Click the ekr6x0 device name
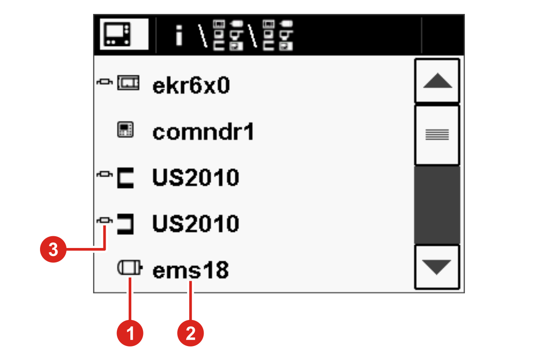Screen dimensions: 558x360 (x=191, y=85)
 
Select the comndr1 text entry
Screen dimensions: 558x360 (x=203, y=132)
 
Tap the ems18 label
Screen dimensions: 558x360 (x=191, y=270)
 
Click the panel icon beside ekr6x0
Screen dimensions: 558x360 (x=128, y=82)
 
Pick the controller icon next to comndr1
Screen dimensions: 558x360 (x=125, y=130)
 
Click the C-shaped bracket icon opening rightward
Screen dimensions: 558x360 (x=125, y=178)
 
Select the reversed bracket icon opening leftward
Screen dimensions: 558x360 (x=125, y=224)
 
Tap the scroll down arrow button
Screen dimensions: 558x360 (x=437, y=267)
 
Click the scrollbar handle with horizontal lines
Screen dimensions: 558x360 (x=437, y=135)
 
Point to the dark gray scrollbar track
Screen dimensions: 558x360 (x=437, y=205)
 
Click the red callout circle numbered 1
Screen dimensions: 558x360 (x=130, y=333)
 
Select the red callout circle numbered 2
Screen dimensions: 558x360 (x=191, y=333)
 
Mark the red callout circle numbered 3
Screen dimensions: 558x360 (x=54, y=249)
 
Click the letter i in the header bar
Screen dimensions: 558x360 (x=179, y=36)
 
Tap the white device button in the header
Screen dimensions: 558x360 (x=124, y=34)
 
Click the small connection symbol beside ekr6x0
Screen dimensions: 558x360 (x=105, y=82)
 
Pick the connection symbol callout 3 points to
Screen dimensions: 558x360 (x=105, y=220)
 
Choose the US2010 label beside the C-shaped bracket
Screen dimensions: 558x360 (x=196, y=177)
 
